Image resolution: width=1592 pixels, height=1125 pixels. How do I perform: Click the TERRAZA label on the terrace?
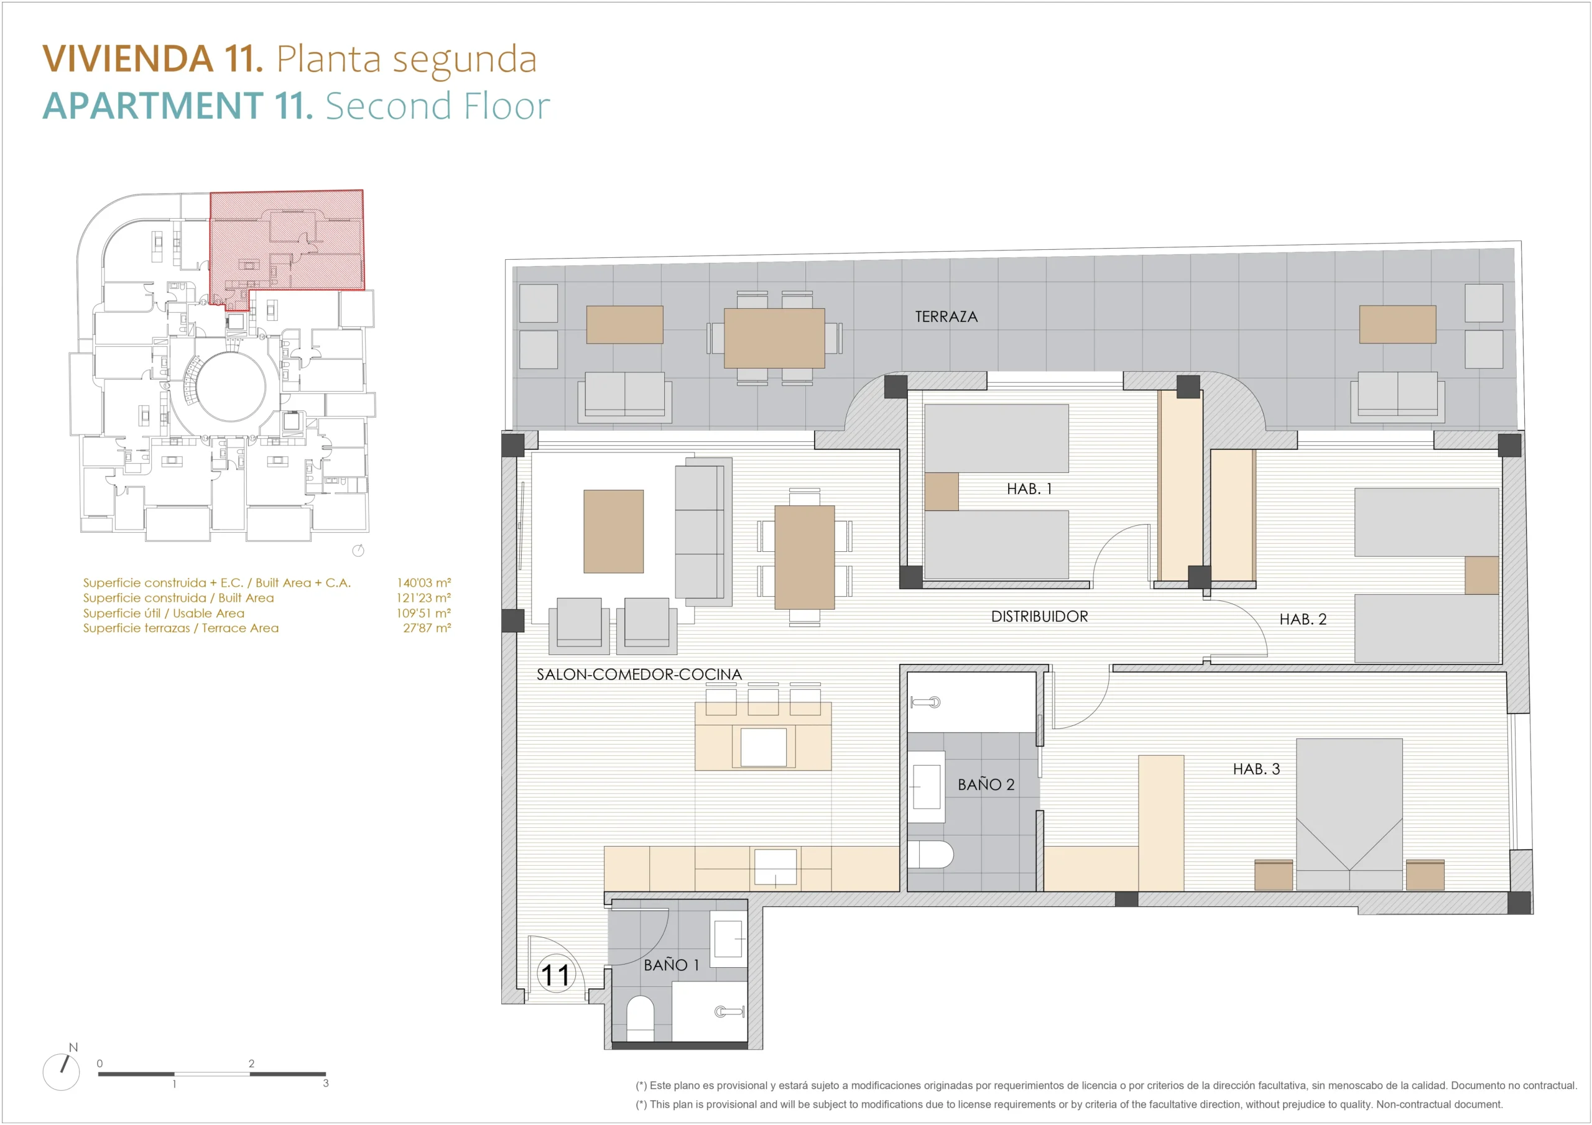click(x=946, y=317)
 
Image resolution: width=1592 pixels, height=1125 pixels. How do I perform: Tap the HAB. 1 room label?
click(x=1029, y=489)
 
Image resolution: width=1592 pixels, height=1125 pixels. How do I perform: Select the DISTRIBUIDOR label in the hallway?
click(x=1039, y=616)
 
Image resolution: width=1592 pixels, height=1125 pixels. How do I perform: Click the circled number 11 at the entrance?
click(x=555, y=975)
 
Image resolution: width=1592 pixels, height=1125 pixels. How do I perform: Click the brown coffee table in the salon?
click(x=613, y=531)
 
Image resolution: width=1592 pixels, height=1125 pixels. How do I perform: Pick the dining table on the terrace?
click(x=774, y=338)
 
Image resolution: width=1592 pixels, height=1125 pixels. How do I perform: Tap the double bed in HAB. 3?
click(x=1349, y=814)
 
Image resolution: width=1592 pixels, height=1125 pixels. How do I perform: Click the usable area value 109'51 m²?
click(x=423, y=613)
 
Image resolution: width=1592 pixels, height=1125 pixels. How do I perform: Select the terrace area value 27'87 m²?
click(x=427, y=628)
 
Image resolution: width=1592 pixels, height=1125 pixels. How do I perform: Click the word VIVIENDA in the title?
click(x=128, y=58)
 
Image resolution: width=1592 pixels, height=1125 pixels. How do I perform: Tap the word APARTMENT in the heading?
click(x=153, y=106)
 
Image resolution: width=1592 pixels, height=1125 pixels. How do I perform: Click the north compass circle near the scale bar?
click(x=61, y=1072)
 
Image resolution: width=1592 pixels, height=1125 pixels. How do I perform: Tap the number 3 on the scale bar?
click(x=326, y=1083)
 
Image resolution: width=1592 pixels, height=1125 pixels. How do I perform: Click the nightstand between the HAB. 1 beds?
click(x=942, y=492)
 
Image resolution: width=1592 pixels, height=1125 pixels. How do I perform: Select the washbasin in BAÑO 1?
click(x=728, y=939)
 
